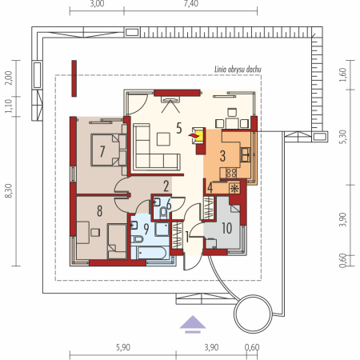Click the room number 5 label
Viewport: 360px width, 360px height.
[179, 128]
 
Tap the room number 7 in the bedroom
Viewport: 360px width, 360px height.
[102, 151]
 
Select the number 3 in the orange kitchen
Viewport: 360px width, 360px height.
[222, 156]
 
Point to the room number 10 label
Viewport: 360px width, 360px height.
[226, 228]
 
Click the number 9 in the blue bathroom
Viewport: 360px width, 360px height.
[146, 229]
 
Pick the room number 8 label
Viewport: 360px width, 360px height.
[99, 210]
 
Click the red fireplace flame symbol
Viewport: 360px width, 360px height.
[194, 136]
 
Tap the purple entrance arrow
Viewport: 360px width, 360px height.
[193, 324]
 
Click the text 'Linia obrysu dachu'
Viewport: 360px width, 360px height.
[238, 70]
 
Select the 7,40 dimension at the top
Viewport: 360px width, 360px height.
[191, 4]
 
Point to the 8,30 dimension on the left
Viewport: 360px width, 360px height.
[9, 191]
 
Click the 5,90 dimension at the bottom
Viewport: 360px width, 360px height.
[123, 347]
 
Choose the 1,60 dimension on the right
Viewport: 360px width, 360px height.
[343, 75]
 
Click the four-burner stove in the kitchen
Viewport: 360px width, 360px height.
[231, 173]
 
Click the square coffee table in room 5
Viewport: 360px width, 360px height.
[163, 139]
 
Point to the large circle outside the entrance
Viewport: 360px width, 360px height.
[254, 314]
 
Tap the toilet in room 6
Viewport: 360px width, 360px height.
[163, 213]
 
